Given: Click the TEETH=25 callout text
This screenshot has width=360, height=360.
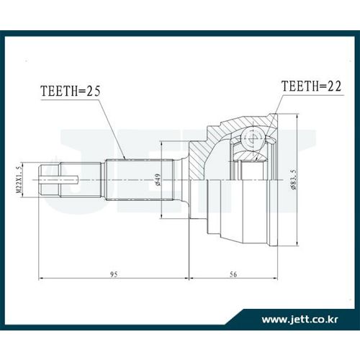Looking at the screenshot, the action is tap(71, 91).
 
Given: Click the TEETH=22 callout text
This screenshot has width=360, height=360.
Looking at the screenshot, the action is tap(311, 86).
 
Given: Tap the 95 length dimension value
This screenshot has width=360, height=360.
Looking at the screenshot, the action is tap(114, 274).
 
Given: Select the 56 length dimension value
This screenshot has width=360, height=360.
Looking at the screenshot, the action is tap(233, 274).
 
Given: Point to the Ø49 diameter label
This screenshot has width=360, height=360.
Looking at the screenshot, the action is tap(158, 180).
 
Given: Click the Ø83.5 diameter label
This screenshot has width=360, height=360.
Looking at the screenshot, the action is tap(294, 179).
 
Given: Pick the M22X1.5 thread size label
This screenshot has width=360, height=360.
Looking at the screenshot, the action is tap(19, 180).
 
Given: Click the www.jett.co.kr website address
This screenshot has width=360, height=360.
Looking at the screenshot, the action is tap(300, 320).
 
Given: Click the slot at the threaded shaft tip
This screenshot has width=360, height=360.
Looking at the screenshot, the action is tap(60, 180).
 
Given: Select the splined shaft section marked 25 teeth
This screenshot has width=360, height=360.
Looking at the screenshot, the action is tap(139, 180).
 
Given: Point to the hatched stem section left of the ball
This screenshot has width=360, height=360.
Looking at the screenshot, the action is tap(198, 160).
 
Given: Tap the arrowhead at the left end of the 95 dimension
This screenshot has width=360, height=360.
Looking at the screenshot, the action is tap(41, 278).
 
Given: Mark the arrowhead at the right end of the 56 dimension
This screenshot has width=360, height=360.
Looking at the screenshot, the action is tap(274, 278).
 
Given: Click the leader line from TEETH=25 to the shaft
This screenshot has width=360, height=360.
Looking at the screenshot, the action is tap(112, 130).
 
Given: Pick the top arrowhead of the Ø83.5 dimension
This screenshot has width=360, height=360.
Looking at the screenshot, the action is tap(297, 117).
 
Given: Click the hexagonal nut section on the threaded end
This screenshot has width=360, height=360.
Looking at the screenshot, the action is tap(50, 180).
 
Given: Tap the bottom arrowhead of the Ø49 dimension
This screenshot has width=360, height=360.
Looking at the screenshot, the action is tap(162, 215).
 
